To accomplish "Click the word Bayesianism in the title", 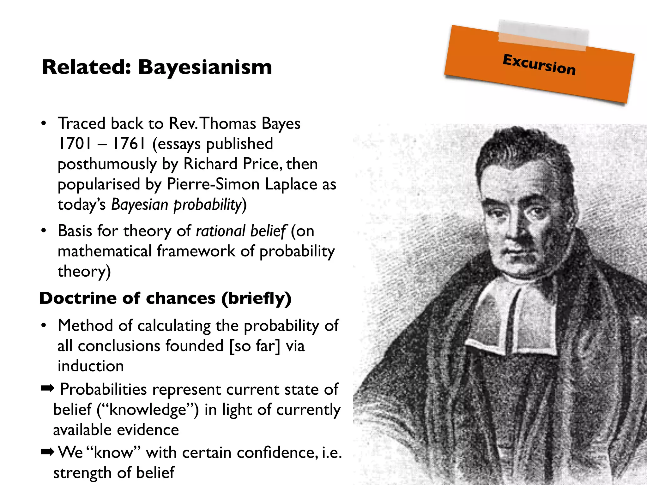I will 205,67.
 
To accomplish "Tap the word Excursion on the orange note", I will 539,64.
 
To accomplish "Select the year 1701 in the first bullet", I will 75,144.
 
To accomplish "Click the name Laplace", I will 291,184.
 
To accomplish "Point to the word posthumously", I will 107,165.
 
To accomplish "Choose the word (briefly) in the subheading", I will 256,299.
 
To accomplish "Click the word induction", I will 91,366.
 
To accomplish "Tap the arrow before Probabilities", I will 48,388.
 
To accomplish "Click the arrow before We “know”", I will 48,452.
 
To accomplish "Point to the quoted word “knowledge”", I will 148,410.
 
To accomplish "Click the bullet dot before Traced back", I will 44,123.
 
